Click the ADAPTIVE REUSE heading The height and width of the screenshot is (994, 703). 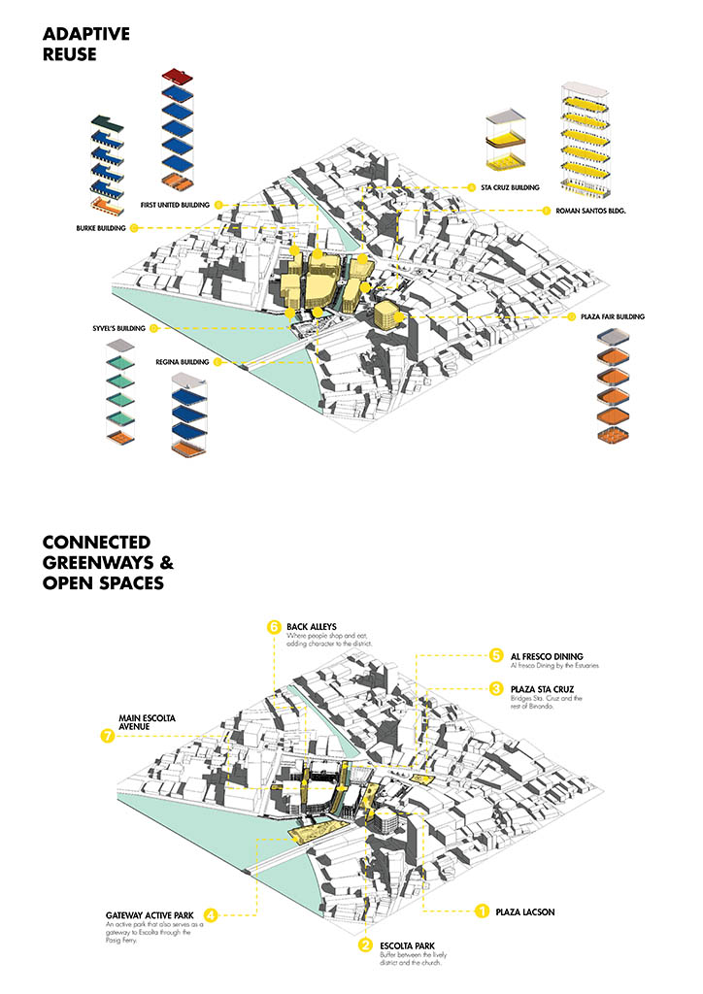[x=86, y=45]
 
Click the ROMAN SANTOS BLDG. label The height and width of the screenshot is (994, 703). [x=591, y=210]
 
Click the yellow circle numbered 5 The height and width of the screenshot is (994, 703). [x=495, y=655]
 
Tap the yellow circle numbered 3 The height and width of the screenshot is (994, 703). [x=495, y=688]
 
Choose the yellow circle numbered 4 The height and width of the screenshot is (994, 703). [x=211, y=913]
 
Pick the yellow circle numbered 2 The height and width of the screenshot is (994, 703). [x=365, y=945]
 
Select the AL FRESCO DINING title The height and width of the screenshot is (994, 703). [x=551, y=656]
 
